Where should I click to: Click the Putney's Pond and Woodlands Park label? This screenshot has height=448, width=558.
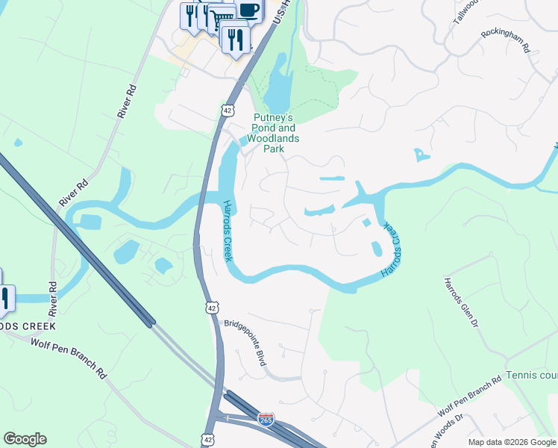[x=275, y=133]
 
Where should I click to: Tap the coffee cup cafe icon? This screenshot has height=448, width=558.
[x=248, y=10]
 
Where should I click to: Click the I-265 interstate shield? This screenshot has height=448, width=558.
[x=266, y=419]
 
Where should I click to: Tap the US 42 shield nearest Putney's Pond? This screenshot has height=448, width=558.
[x=228, y=110]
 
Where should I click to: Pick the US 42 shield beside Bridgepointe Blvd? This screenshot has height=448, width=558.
[x=213, y=307]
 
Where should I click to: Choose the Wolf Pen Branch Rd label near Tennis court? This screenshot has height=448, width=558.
[x=469, y=396]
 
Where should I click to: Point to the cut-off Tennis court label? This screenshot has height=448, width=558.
[x=531, y=375]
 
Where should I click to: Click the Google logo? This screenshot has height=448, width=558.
[x=25, y=439]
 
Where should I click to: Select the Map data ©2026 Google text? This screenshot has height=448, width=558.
[x=511, y=442]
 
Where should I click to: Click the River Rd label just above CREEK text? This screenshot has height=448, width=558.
[x=52, y=296]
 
